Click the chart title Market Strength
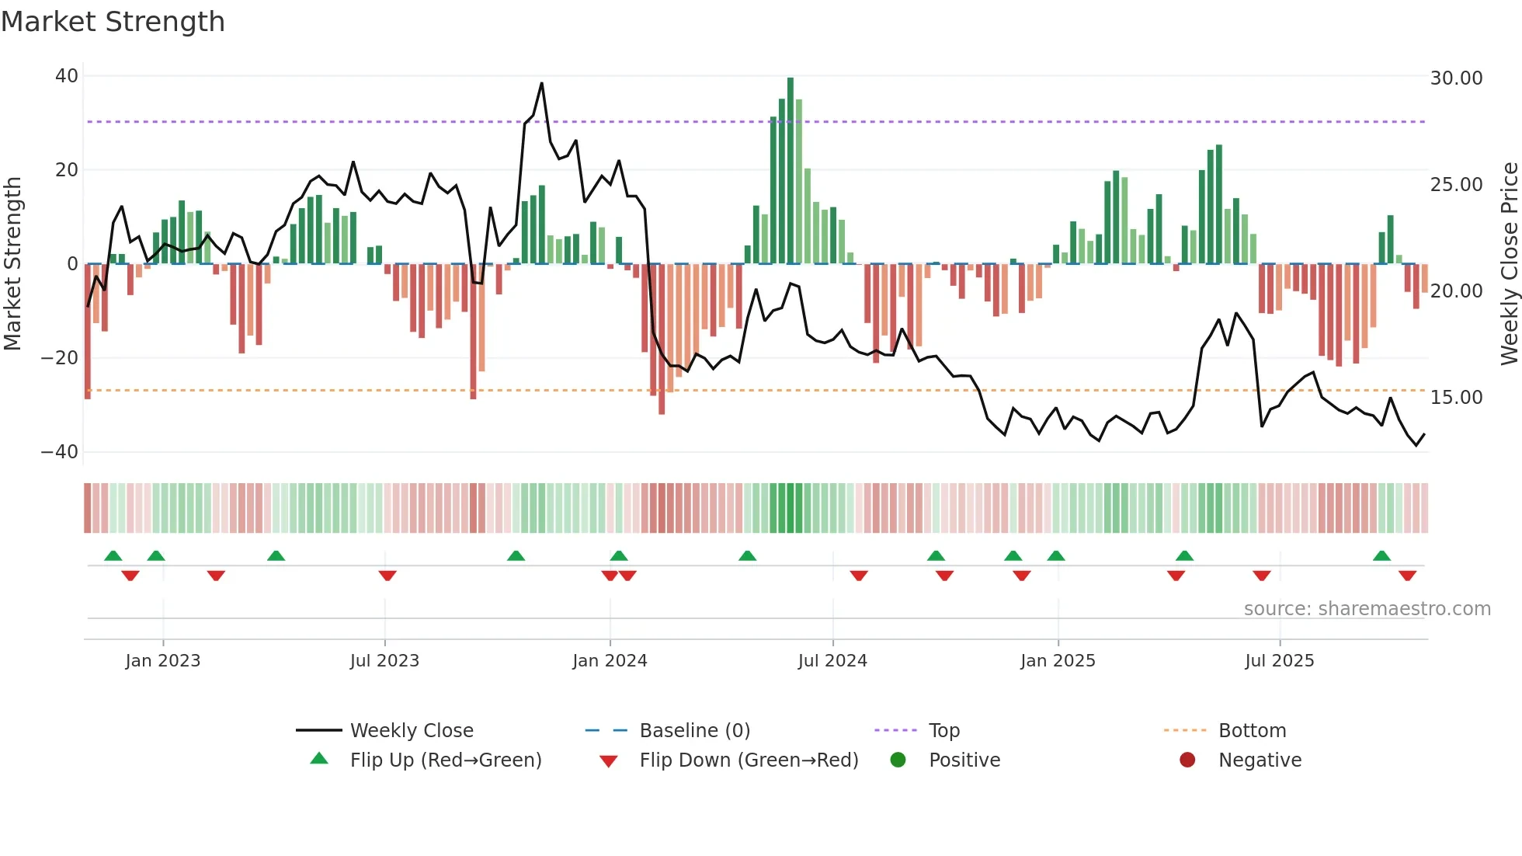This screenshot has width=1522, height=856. pos(113,22)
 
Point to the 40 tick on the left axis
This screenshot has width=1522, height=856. pos(67,76)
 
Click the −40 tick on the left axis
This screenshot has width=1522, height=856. pos(60,451)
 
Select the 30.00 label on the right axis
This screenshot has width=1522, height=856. pos(1456,78)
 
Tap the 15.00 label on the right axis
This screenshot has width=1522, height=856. pos(1456,397)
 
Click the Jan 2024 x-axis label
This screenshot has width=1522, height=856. pos(610,660)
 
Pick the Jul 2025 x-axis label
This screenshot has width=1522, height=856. pos(1279,660)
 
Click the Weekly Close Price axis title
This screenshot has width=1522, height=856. pos(1509,263)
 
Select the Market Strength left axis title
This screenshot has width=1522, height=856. pos(12,263)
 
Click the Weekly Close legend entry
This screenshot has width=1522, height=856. pos(411,730)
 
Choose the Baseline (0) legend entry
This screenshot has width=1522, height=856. pos(694,730)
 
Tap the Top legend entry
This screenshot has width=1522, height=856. pos(943,730)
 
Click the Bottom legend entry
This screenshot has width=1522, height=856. pos(1252,730)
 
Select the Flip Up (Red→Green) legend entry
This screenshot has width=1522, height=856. pos(445,760)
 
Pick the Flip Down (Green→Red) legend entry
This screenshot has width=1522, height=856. pos(749,760)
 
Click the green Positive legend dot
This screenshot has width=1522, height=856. pos(898,760)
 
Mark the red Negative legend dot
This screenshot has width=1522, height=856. pos(1187,760)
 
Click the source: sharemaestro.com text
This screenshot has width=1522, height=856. pos(1367,608)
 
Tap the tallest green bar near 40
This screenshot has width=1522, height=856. pos(791,171)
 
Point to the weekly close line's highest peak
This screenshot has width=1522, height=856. pos(541,83)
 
